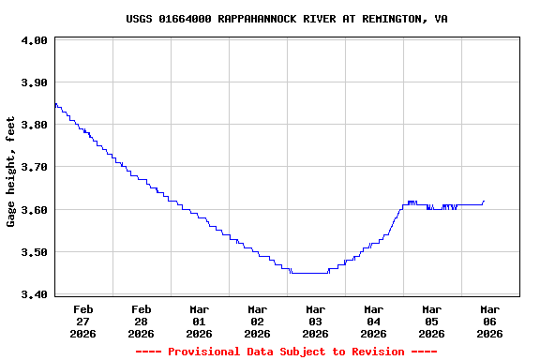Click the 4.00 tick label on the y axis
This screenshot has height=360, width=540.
[x=34, y=41]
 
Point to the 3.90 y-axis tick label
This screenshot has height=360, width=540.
[x=34, y=83]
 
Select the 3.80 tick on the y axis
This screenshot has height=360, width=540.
[x=34, y=126]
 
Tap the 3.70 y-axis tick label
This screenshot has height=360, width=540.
[x=34, y=168]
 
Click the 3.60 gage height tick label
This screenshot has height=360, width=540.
[x=34, y=210]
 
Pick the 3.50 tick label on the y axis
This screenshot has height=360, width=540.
[x=34, y=252]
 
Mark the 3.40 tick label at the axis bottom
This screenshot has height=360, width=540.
[x=34, y=294]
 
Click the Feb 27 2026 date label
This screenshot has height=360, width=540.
[x=83, y=321]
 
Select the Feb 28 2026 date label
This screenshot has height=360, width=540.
[x=142, y=321]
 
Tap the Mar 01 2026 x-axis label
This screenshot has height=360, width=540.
[x=200, y=321]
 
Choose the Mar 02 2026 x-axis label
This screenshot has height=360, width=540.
[x=258, y=321]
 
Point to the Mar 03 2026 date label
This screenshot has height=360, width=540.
[x=316, y=321]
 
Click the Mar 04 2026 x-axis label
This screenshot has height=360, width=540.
[x=374, y=321]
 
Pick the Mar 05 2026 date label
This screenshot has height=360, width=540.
[x=432, y=321]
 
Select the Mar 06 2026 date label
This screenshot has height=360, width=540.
[x=490, y=321]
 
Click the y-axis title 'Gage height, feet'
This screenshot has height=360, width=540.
[x=11, y=172]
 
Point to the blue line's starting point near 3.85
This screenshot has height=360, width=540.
[x=55, y=104]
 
